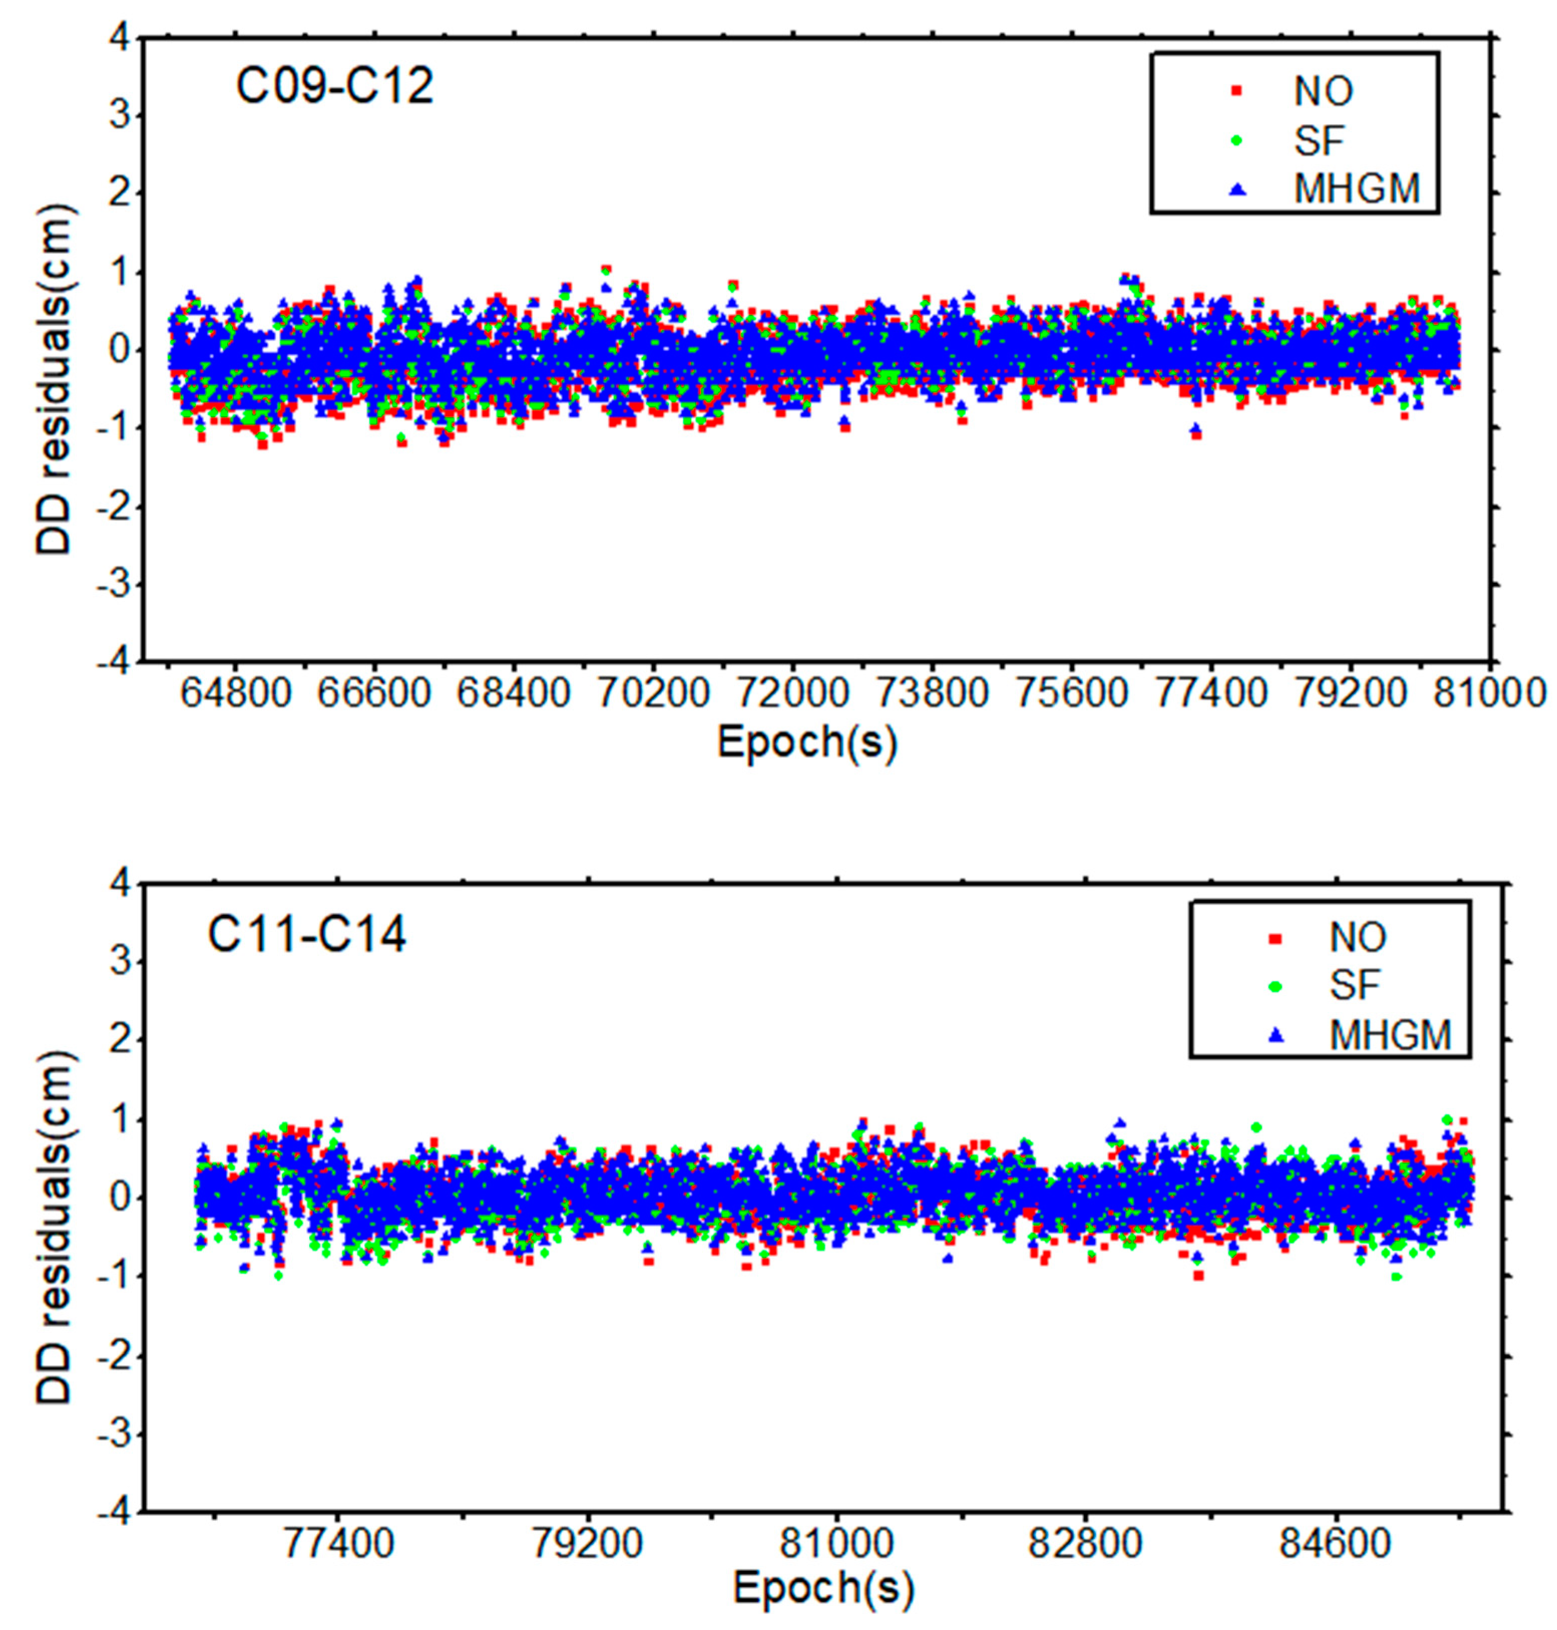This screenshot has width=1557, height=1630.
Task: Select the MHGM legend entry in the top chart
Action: [1357, 189]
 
